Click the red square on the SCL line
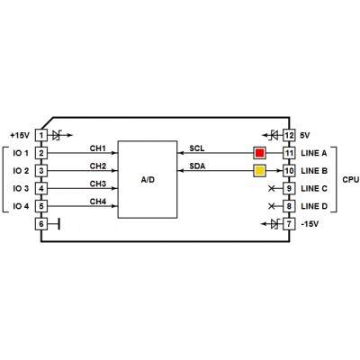point(259,153)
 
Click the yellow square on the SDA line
point(259,171)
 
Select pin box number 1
point(41,135)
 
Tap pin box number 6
point(41,224)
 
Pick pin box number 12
point(289,135)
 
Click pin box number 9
point(289,188)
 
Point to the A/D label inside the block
point(148,180)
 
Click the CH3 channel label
point(98,184)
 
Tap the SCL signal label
point(197,148)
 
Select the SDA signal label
point(197,166)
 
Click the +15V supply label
point(20,135)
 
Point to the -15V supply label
point(310,224)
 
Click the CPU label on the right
point(350,180)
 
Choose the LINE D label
point(314,206)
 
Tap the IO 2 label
point(21,171)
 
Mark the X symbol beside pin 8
point(271,206)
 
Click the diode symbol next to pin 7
point(274,224)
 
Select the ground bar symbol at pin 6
point(58,224)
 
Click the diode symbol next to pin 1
point(57,135)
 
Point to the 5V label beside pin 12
point(305,135)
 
